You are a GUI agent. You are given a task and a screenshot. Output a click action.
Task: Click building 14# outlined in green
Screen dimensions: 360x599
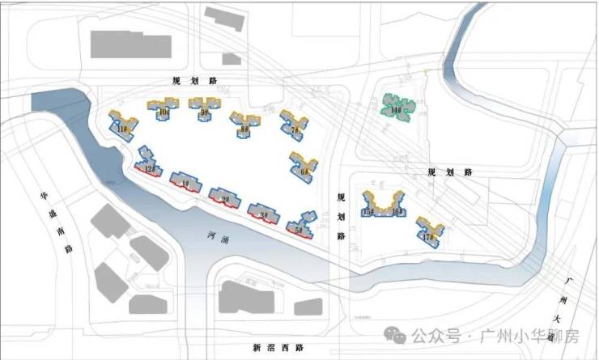click(397, 107)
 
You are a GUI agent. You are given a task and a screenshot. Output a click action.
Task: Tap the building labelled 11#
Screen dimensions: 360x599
click(123, 127)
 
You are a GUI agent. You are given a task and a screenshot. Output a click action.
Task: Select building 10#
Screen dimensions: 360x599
click(163, 111)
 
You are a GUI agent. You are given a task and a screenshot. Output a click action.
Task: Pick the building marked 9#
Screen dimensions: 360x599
click(202, 109)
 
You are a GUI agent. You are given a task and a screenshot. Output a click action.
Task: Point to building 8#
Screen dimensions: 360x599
click(243, 125)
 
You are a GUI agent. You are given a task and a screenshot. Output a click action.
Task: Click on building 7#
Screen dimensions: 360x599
click(292, 126)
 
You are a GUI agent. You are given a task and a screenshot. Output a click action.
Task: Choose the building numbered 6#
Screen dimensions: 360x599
click(303, 168)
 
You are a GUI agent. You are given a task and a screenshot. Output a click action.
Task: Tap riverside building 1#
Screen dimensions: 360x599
click(185, 183)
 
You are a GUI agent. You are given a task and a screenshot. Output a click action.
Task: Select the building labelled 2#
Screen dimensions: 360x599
click(224, 197)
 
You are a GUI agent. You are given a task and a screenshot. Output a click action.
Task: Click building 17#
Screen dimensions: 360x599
click(428, 232)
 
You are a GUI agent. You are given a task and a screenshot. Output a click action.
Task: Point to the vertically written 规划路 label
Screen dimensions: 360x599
click(341, 217)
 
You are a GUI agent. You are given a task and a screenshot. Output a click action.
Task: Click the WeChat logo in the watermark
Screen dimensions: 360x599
click(394, 335)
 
